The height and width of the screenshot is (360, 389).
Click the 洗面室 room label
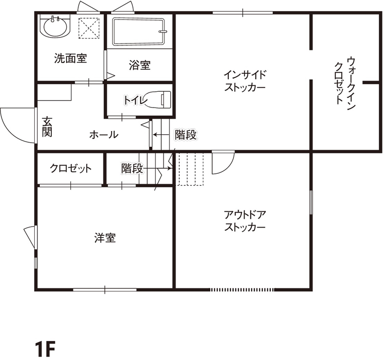click(x=71, y=59)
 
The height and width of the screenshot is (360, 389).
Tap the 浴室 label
click(x=139, y=65)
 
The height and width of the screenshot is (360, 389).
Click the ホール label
click(x=103, y=135)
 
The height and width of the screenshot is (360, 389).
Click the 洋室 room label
click(x=105, y=238)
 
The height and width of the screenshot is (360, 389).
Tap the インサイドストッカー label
click(x=245, y=81)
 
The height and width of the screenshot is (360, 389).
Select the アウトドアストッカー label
click(x=245, y=221)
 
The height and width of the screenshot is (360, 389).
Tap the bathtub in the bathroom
click(x=139, y=32)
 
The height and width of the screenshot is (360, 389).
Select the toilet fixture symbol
click(x=160, y=99)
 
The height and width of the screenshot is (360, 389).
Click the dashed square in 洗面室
click(x=89, y=28)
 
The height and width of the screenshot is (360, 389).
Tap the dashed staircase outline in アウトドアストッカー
click(x=190, y=169)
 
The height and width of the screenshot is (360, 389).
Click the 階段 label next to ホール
click(x=186, y=135)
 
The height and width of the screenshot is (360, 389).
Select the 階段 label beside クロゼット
click(x=132, y=168)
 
